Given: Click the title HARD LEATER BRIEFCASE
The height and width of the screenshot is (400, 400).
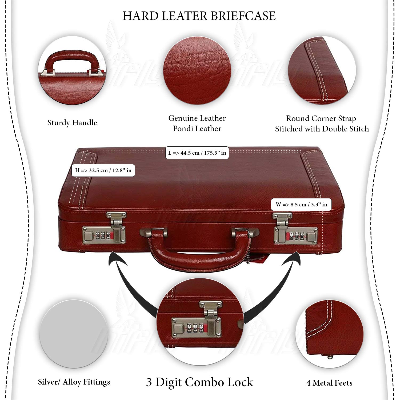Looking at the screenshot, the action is point(199,16).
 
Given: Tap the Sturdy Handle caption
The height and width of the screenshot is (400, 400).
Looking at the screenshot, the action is point(72,123).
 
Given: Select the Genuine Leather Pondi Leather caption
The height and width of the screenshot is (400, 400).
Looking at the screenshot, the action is point(197,123).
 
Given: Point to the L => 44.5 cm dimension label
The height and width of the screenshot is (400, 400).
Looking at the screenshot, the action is point(197,153).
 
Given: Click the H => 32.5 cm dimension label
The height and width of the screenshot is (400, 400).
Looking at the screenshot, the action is point(103,170).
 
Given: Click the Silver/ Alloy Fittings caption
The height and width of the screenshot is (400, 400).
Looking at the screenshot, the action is point(74,382).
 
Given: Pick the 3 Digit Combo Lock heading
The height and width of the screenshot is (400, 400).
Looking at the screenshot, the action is point(199,382).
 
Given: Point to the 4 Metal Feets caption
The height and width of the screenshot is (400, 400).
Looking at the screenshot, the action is point(329,383).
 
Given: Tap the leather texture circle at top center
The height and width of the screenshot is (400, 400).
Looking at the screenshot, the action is point(197,71).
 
